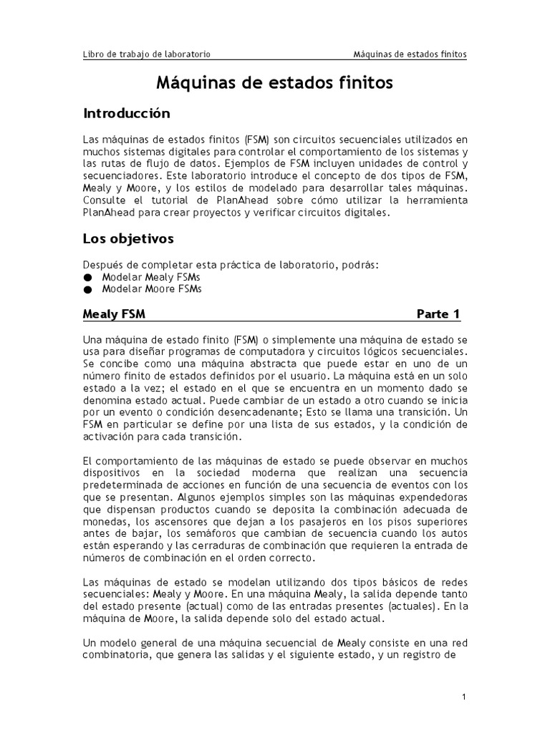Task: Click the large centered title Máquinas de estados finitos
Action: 274,83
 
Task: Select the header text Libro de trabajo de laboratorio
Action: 147,54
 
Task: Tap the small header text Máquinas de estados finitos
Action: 410,54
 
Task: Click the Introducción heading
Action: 127,114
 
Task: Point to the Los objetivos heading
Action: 128,238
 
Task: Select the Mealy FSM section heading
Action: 115,314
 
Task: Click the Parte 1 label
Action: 438,314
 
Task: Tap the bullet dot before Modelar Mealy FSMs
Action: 87,277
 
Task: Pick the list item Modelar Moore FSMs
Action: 152,289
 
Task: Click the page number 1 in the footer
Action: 464,696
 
